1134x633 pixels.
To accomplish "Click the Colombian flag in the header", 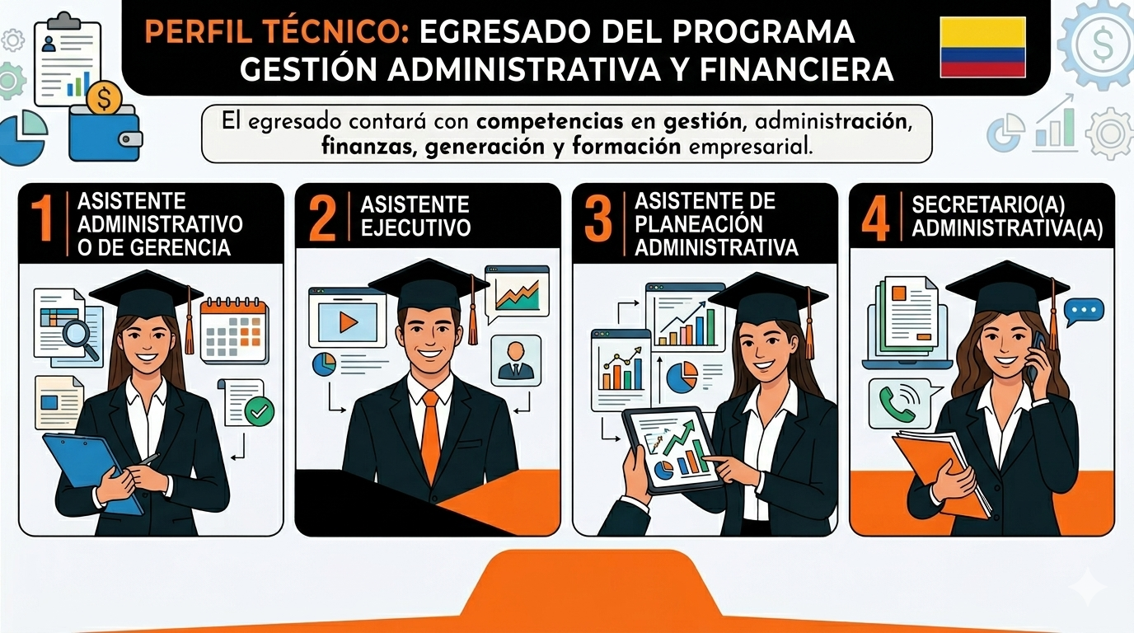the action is [982, 47].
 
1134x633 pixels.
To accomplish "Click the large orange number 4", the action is [875, 218].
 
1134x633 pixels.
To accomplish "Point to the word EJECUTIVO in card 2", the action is [415, 227].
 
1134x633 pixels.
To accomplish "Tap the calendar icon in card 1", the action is [234, 331].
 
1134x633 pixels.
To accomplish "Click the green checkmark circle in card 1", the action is [260, 411].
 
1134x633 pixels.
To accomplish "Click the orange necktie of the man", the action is [430, 435].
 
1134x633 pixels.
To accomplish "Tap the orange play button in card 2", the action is [349, 322].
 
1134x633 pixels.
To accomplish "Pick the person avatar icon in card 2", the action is [515, 360].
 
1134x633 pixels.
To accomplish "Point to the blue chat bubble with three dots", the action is [1084, 312].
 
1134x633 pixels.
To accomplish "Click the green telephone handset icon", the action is [897, 404].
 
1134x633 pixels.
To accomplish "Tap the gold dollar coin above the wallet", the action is [105, 98].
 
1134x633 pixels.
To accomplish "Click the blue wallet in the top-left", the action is [105, 133].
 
